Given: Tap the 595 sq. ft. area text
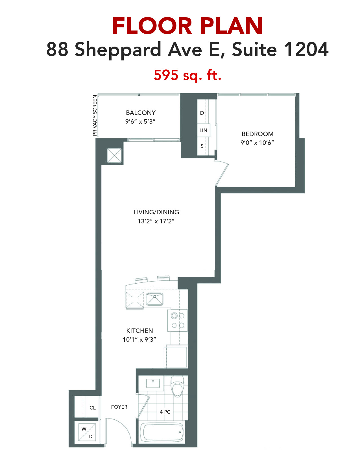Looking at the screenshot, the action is (x=187, y=75).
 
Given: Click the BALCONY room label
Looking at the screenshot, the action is (x=141, y=113).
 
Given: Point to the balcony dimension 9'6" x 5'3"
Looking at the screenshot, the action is (x=140, y=122).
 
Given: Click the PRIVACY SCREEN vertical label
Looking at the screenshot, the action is (x=95, y=116).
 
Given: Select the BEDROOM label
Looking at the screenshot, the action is (x=258, y=134).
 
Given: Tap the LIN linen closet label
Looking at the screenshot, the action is (x=203, y=130).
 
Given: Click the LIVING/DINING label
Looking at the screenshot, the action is (x=156, y=212).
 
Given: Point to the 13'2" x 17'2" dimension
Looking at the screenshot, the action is (x=156, y=221).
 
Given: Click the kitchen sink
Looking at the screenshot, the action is (x=154, y=299).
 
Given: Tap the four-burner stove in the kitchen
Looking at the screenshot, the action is (x=178, y=321).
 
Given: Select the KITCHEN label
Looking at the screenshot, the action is (x=139, y=331).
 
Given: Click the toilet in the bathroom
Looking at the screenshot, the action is (x=177, y=386).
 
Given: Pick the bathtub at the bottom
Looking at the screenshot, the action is (x=162, y=432).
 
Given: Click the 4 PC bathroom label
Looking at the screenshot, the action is (x=165, y=412).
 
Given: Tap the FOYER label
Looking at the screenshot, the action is (x=119, y=407).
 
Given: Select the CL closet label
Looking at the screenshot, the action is (x=93, y=408).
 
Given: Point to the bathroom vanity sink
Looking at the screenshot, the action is (x=153, y=383).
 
